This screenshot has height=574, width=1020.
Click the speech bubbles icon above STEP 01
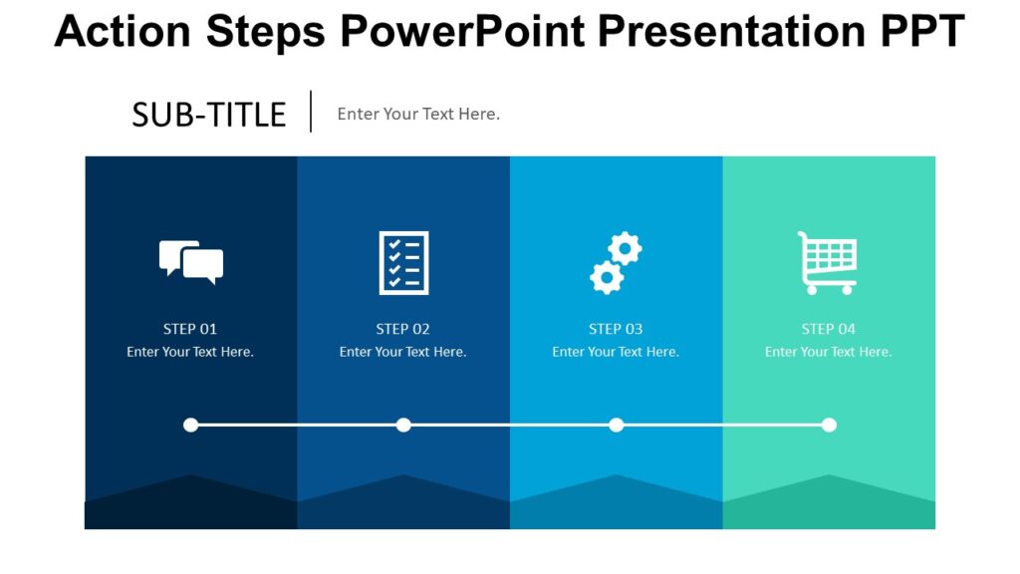point(191,262)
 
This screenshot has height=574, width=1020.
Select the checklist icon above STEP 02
point(403,262)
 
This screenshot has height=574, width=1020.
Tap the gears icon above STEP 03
point(616,263)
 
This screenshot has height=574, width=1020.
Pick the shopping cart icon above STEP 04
point(828,262)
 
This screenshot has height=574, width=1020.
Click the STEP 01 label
point(190,329)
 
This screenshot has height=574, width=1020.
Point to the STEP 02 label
point(403,329)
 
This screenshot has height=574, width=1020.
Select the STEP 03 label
point(616,329)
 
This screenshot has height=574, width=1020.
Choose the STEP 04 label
point(829,329)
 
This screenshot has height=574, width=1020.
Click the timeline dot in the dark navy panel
point(191,425)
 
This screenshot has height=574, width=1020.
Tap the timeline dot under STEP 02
point(403,425)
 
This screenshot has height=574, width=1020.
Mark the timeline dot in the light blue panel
point(617,425)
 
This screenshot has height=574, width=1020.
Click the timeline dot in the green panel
point(829,425)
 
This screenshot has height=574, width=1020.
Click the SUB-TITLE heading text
point(209,115)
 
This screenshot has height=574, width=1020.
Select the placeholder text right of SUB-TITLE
point(418,114)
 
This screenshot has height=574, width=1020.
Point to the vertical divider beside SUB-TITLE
point(311,112)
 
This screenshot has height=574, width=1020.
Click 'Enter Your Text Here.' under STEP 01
point(190,352)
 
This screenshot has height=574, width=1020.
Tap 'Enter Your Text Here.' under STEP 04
point(829,352)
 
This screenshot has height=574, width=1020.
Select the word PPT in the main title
point(922,32)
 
